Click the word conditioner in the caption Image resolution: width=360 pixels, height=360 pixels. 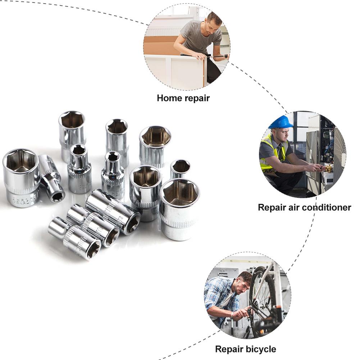(326, 208)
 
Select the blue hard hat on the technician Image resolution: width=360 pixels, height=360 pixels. (281, 122)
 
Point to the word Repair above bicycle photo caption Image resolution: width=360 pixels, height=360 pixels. (229, 349)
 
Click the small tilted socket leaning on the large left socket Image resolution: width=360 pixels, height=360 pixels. (52, 178)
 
